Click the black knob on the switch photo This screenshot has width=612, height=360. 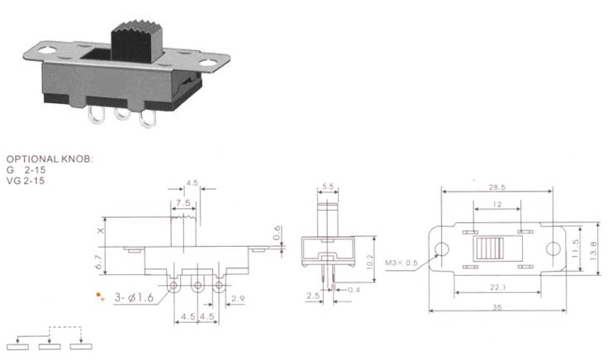tap(137, 42)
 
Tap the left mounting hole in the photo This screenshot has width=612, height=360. tap(48, 50)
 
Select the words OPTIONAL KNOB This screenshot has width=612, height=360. tap(50, 159)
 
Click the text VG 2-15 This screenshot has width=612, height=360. tap(26, 181)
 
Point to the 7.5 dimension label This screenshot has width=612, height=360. tap(183, 203)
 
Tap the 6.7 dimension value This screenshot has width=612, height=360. tap(99, 261)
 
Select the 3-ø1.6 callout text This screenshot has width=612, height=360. tap(134, 297)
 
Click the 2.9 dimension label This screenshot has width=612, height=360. tap(238, 299)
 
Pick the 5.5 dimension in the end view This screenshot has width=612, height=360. tap(328, 187)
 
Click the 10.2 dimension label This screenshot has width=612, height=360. tap(370, 262)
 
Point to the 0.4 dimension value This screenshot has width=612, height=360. tap(353, 290)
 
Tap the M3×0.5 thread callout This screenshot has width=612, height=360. tap(401, 263)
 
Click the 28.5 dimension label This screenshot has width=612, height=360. tap(497, 187)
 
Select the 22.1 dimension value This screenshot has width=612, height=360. tap(498, 287)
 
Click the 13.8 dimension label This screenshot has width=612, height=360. tap(593, 251)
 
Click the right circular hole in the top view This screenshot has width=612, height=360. tap(553, 249)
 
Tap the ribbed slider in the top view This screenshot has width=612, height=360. tap(488, 249)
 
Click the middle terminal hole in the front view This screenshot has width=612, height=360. tap(197, 286)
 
